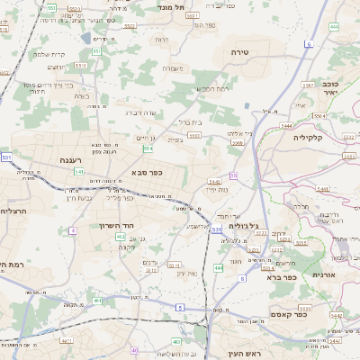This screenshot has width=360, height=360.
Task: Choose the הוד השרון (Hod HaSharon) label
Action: click(114, 224)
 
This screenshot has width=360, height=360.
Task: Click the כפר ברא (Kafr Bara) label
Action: click(282, 279)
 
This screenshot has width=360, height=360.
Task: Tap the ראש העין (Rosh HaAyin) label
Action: click(243, 354)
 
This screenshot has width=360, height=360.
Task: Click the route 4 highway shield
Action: click(72, 230)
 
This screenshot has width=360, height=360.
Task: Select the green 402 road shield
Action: click(121, 236)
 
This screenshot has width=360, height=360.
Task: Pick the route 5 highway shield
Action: click(179, 308)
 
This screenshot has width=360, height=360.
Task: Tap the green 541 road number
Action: click(79, 171)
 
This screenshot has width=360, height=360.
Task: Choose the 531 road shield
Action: click(216, 230)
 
